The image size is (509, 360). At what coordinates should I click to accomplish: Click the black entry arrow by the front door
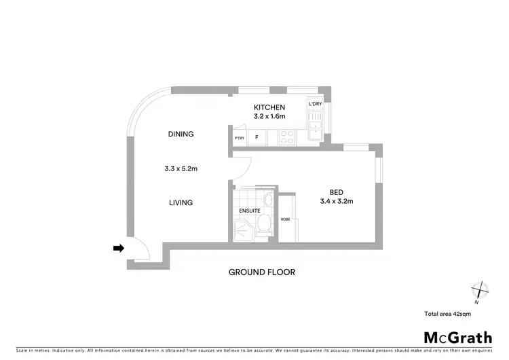click(x=118, y=249)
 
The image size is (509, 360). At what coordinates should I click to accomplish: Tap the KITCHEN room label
click(x=269, y=107)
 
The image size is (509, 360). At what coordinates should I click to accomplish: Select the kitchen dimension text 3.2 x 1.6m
click(x=269, y=117)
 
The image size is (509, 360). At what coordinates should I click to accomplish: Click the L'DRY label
click(x=316, y=104)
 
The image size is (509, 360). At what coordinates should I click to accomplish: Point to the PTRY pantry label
click(x=239, y=139)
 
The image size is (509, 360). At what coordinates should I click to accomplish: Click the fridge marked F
click(x=257, y=138)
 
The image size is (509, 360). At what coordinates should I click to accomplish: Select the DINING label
click(x=181, y=134)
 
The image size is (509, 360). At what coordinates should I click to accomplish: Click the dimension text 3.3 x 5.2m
click(x=181, y=168)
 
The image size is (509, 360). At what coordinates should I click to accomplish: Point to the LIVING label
click(x=181, y=202)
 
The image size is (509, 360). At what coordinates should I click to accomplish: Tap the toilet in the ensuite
click(x=267, y=222)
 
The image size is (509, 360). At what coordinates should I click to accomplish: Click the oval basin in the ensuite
click(x=268, y=199)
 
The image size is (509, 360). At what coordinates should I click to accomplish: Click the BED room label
click(x=337, y=192)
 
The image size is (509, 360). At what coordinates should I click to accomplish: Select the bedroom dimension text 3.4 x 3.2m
click(x=337, y=202)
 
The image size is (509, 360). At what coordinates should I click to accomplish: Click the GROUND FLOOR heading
click(x=261, y=272)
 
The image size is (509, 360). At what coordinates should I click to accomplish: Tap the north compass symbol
click(x=480, y=291)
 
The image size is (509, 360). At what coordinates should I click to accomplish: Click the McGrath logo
click(x=458, y=338)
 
